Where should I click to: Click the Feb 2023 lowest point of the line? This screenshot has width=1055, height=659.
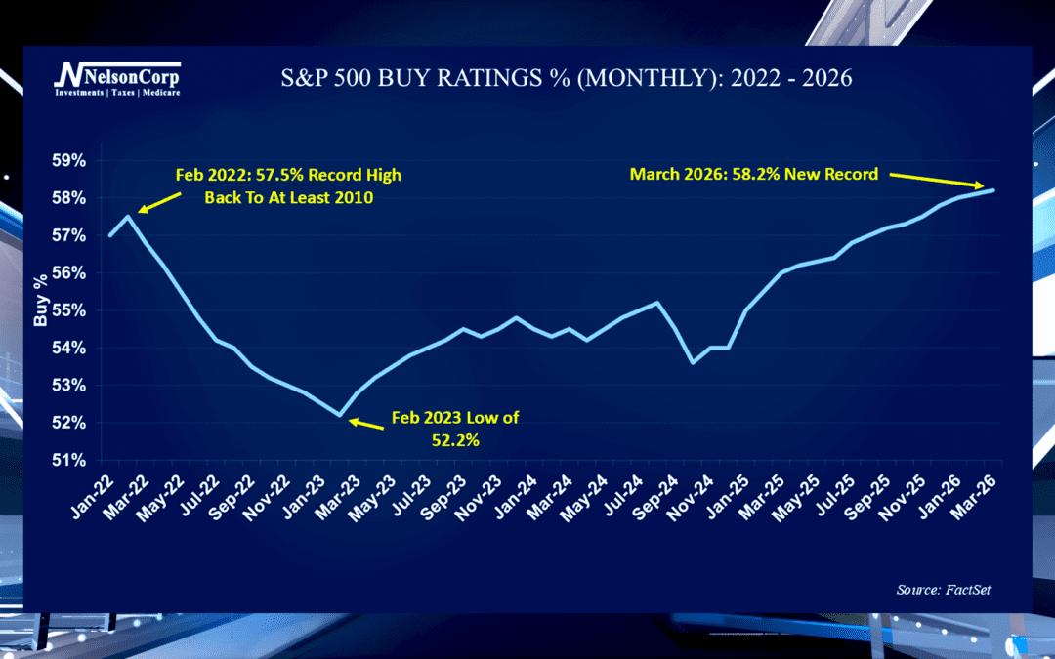coord(339,415)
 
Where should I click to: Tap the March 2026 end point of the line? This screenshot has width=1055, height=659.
coord(994,190)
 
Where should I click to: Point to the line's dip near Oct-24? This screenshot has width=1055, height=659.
coord(692,362)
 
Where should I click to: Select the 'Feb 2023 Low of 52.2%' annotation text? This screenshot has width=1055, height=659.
coord(455,427)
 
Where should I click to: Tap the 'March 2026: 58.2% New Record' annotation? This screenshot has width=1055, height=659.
coord(753,175)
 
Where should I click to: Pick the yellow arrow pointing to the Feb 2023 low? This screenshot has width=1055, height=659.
coord(367,423)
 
